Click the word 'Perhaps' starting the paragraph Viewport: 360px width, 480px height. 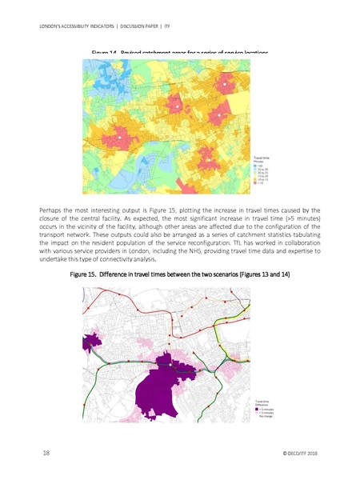point(51,210)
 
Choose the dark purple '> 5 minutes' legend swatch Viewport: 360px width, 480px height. point(257,409)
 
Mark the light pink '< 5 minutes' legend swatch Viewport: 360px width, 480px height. point(257,413)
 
